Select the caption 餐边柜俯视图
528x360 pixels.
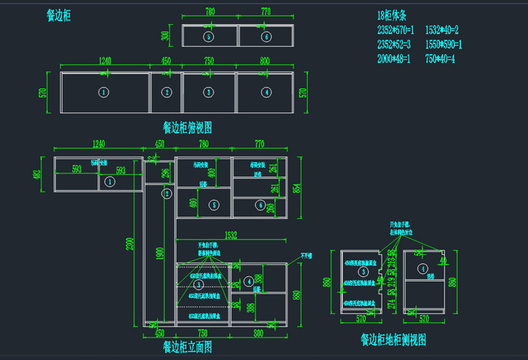click(x=187, y=128)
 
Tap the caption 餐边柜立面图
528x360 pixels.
click(x=187, y=347)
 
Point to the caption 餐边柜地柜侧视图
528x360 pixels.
click(x=393, y=340)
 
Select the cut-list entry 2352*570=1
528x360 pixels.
click(x=396, y=30)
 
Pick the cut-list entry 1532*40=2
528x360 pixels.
click(x=442, y=30)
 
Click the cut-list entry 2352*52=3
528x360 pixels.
click(x=396, y=45)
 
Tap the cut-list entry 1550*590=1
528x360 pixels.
click(x=444, y=45)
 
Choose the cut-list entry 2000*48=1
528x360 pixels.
click(x=394, y=59)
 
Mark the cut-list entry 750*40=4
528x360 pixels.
click(x=441, y=59)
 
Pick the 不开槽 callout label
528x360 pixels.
click(x=308, y=256)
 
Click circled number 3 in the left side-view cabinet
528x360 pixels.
click(x=362, y=271)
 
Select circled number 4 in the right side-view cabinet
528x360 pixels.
click(x=423, y=268)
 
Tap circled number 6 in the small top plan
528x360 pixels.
click(x=266, y=36)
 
